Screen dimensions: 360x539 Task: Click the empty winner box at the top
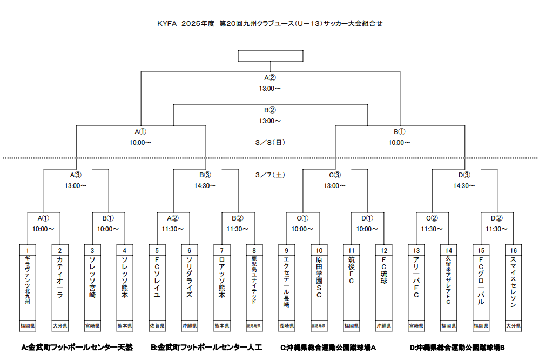click(270, 56)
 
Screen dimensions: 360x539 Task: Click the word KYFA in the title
click(167, 24)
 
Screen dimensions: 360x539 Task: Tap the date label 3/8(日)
click(270, 143)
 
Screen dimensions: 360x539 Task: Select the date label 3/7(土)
click(270, 175)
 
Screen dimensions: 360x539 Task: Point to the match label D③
click(464, 175)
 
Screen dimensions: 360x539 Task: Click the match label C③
click(335, 175)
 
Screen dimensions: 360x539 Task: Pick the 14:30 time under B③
click(205, 186)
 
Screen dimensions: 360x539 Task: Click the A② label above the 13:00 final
click(270, 77)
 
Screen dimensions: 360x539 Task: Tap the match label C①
click(302, 218)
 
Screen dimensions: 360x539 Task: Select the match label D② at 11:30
click(497, 218)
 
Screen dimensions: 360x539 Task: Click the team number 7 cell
click(221, 250)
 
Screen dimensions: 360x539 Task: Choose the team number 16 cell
click(513, 250)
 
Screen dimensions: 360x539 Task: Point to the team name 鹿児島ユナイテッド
click(254, 284)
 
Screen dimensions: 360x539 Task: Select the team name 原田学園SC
click(319, 281)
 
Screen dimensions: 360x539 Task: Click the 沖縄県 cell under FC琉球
click(383, 326)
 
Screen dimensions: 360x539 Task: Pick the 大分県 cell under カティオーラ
click(59, 326)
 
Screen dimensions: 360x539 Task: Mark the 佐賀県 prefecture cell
click(157, 326)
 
